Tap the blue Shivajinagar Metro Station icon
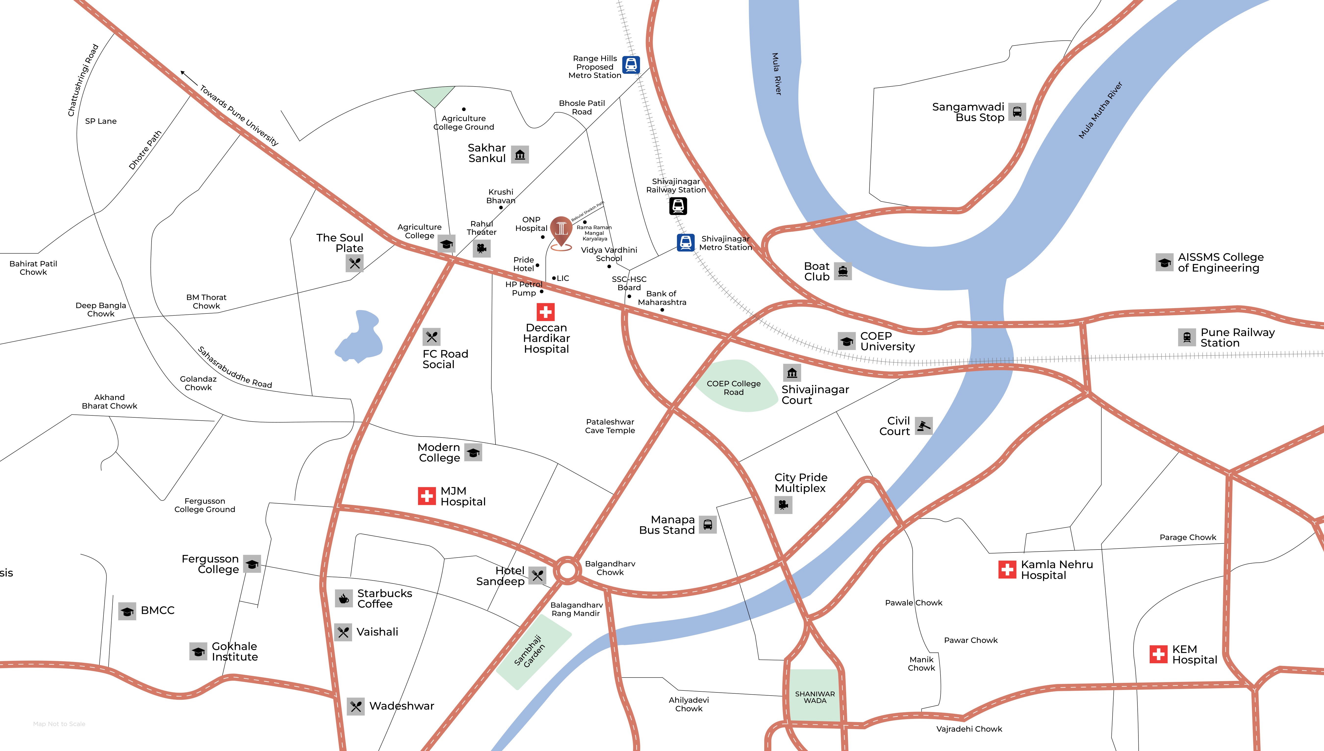(x=685, y=242)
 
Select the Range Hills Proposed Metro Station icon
(x=631, y=65)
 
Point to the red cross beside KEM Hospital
(x=1158, y=654)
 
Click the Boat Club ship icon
(x=843, y=271)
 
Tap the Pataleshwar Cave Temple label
(x=610, y=426)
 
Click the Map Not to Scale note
(x=59, y=724)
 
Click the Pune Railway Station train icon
(x=1187, y=337)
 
